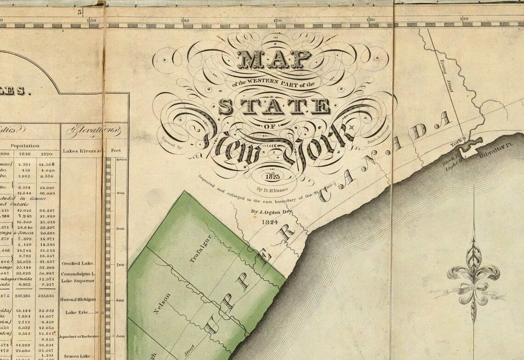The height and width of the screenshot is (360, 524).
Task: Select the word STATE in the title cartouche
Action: click(x=274, y=107)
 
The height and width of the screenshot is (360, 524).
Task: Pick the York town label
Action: click(x=456, y=144)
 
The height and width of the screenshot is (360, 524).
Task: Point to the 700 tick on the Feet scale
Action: click(x=119, y=265)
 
